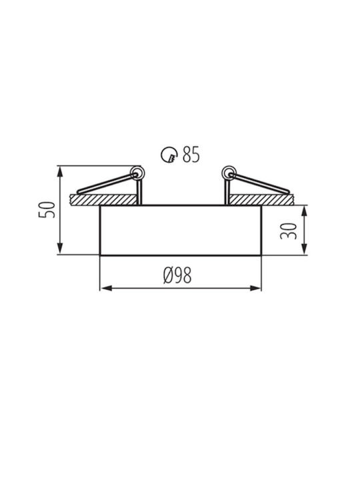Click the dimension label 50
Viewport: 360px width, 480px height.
(47, 210)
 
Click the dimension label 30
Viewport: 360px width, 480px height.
(289, 231)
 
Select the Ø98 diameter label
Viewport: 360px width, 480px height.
(177, 275)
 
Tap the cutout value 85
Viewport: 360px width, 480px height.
(191, 154)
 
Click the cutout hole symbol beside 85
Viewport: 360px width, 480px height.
(169, 154)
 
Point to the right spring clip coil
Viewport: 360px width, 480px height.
(229, 173)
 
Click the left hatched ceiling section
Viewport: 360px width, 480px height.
(103, 199)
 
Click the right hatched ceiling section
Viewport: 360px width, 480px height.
(261, 199)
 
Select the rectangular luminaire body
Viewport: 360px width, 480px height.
(181, 230)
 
